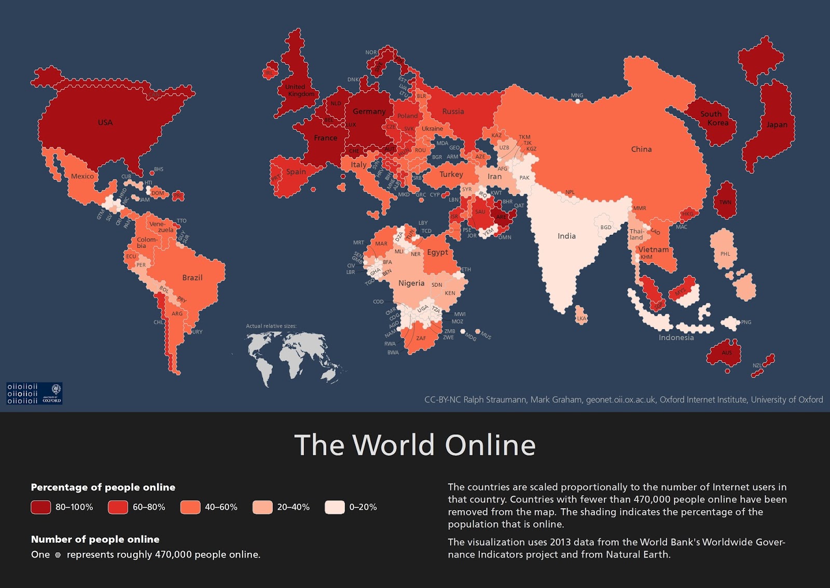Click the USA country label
coord(105,122)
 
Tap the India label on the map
coord(566,236)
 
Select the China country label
coord(641,149)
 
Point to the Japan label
coord(777,124)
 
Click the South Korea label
coord(714,118)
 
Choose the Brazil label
coord(192,278)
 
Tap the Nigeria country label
coord(411,283)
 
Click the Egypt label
coord(437,252)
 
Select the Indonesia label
coord(676,338)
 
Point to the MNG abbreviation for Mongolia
coord(577,95)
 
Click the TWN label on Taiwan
coord(725,202)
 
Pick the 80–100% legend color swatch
coord(41,507)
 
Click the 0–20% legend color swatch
coord(335,507)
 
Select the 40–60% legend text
coord(221,507)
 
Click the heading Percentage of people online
coord(103,487)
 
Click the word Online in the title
coord(490,445)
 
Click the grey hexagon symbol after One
coord(58,555)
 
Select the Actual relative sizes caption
coord(271,326)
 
